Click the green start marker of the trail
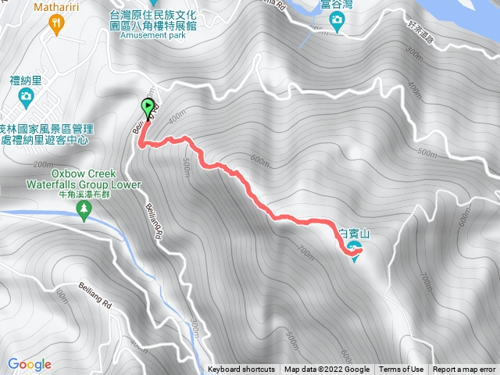pyautogui.click(x=147, y=108)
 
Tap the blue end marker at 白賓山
pyautogui.click(x=355, y=249)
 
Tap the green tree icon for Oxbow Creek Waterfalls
pyautogui.click(x=85, y=209)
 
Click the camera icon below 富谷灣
pyautogui.click(x=337, y=23)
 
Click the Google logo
pyautogui.click(x=30, y=364)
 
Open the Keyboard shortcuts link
pyautogui.click(x=241, y=370)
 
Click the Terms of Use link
pyautogui.click(x=402, y=370)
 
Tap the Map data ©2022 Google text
pyautogui.click(x=327, y=370)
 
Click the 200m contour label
pyautogui.click(x=44, y=165)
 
